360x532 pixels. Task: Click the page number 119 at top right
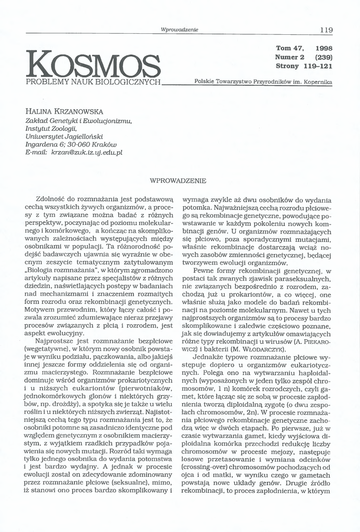326,30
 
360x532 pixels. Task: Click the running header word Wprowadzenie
180,30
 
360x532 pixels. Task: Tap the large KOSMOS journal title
94,64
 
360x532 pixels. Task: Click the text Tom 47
289,48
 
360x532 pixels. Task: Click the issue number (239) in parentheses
323,57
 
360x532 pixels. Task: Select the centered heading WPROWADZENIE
178,181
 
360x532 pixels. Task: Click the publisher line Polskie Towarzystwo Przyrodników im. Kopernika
263,82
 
